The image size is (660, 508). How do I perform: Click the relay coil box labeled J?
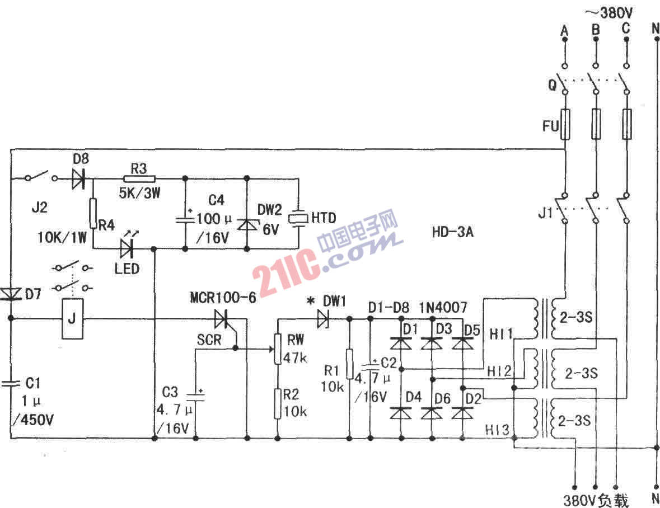coord(72,318)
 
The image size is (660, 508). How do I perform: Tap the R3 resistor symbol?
coord(139,178)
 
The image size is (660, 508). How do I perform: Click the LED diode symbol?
coord(127,248)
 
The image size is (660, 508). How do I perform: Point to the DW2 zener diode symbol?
coord(247,224)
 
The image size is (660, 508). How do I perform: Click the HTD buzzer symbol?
coord(299,218)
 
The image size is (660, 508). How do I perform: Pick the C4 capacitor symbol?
coord(185,219)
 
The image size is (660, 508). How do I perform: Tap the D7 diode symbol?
coord(11,294)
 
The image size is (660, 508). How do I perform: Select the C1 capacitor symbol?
coord(11,383)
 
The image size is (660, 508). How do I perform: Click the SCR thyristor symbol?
coord(224,319)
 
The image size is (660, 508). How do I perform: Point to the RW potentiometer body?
coord(278,349)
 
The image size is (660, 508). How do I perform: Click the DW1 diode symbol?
coord(323,318)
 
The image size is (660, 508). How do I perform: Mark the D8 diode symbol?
coord(79,178)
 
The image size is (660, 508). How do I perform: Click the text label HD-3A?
coord(452,232)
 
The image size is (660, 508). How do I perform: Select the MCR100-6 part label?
coord(223,298)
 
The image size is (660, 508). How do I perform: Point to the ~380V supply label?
coord(609,13)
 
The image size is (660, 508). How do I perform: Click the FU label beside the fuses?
coord(550,126)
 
